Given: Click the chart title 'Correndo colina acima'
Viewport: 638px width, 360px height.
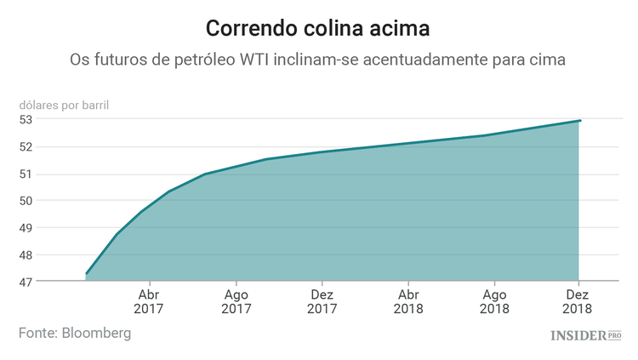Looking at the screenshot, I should pyautogui.click(x=318, y=28).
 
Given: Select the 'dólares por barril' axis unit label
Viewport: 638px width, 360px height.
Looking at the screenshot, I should pyautogui.click(x=66, y=106).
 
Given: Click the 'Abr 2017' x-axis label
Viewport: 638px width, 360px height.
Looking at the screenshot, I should pyautogui.click(x=149, y=301).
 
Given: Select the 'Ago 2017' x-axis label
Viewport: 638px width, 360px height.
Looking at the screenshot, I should pyautogui.click(x=236, y=301).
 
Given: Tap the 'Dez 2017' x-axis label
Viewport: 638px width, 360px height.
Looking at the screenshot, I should pyautogui.click(x=322, y=301).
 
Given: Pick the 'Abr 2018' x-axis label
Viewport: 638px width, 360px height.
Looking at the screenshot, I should pyautogui.click(x=408, y=301).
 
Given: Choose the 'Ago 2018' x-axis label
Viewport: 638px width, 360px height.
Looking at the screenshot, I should pyautogui.click(x=494, y=301).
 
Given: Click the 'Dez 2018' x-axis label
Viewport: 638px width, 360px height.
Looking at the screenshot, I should pyautogui.click(x=578, y=301).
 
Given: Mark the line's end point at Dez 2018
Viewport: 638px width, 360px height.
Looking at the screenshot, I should pyautogui.click(x=580, y=120).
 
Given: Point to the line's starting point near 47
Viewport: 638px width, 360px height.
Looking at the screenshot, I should pyautogui.click(x=87, y=273).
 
